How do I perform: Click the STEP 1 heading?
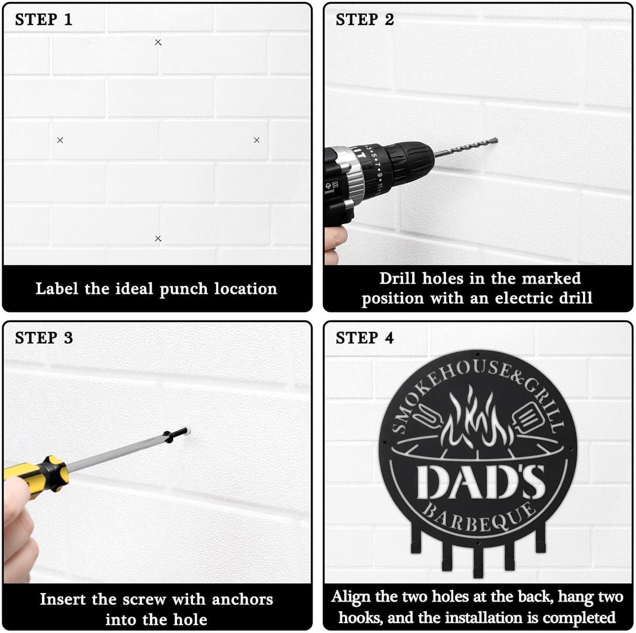(x=43, y=20)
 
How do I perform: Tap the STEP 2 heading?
(x=365, y=20)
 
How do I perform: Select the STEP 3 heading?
(x=43, y=338)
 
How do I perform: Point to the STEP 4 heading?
(x=365, y=338)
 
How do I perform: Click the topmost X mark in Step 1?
(x=158, y=42)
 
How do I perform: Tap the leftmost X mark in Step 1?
(x=60, y=140)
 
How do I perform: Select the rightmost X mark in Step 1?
(x=257, y=140)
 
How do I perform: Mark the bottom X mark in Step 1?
(x=158, y=239)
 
